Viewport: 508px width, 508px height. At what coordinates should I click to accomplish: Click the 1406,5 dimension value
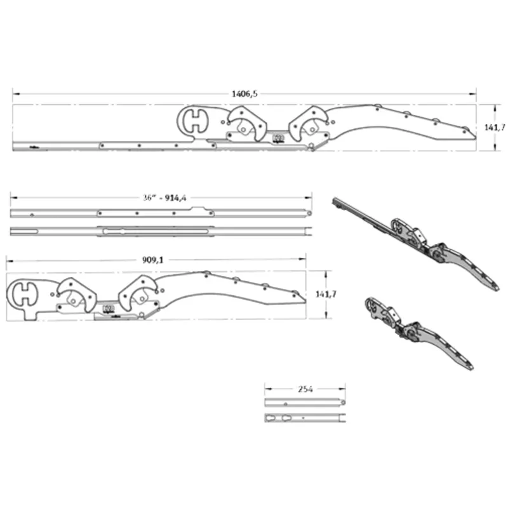click(x=244, y=94)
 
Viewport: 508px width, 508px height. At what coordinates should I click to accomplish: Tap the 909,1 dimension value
click(x=153, y=260)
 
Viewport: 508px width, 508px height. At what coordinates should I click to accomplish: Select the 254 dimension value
click(x=305, y=389)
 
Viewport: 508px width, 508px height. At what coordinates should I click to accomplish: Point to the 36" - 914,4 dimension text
click(x=164, y=197)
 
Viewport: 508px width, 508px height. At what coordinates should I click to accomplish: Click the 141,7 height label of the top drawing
click(x=495, y=128)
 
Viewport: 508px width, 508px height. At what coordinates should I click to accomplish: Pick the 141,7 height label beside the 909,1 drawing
click(x=326, y=294)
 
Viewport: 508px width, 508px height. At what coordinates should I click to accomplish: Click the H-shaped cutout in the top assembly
click(x=195, y=121)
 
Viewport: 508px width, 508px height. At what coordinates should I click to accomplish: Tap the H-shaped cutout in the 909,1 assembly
click(x=25, y=294)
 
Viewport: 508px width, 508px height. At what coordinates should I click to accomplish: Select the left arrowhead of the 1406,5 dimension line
click(x=16, y=94)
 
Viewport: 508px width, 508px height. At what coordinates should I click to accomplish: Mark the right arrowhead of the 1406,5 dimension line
click(x=472, y=94)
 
